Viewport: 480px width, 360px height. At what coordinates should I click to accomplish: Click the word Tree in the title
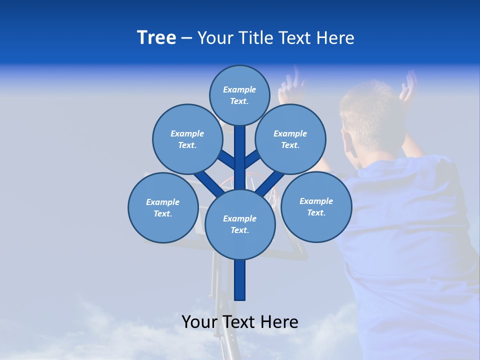[156, 37]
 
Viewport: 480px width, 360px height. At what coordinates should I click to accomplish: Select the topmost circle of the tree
[239, 95]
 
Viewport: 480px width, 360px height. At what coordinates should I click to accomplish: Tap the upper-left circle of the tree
[187, 139]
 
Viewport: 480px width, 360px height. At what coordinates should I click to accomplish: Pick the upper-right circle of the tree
[290, 139]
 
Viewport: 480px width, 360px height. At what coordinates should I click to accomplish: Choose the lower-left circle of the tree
[162, 207]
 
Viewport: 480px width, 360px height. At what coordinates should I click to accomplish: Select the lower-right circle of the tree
[316, 206]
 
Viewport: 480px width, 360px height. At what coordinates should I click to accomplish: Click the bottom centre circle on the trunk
[239, 224]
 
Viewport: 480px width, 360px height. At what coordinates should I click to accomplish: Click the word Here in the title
[335, 38]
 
